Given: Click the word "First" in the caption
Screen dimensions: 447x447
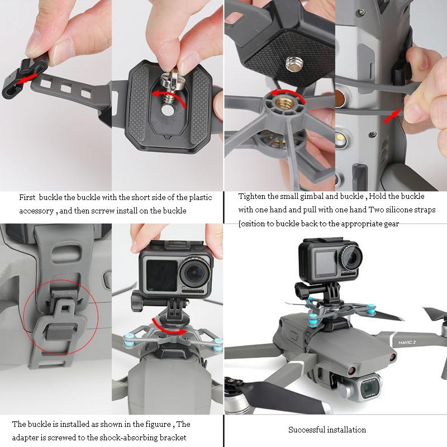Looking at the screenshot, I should (x=28, y=198).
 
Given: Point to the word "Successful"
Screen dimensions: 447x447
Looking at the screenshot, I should (x=307, y=430).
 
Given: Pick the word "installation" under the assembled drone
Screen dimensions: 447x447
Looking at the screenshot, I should (x=347, y=430).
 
